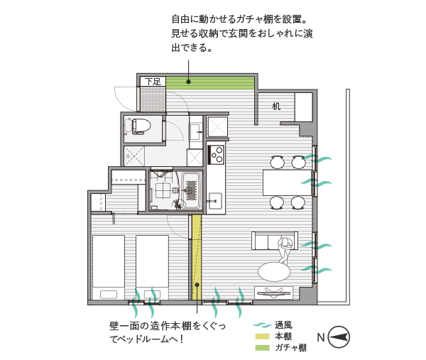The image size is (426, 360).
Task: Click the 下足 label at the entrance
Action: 153,81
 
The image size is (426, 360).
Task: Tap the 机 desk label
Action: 276,107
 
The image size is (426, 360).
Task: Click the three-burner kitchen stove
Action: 216,155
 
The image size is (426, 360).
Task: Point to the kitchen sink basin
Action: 215,202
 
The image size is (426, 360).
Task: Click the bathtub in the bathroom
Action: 192,190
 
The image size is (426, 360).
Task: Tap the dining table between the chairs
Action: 287,182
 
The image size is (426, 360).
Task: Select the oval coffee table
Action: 274,271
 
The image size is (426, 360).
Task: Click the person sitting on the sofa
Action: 285,249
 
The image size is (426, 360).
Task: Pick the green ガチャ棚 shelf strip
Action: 210,83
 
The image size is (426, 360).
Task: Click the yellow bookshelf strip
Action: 197,257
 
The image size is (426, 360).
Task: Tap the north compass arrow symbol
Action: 339,337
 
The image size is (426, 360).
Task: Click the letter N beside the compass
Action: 321,337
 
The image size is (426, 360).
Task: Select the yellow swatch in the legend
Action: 262,337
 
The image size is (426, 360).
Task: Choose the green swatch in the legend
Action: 262,347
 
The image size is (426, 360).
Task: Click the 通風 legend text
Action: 283,324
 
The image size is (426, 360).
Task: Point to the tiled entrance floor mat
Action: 153,99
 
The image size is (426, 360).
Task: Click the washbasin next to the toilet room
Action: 195,131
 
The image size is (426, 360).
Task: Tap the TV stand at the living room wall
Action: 274,293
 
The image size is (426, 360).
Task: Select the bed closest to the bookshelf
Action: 152,268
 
